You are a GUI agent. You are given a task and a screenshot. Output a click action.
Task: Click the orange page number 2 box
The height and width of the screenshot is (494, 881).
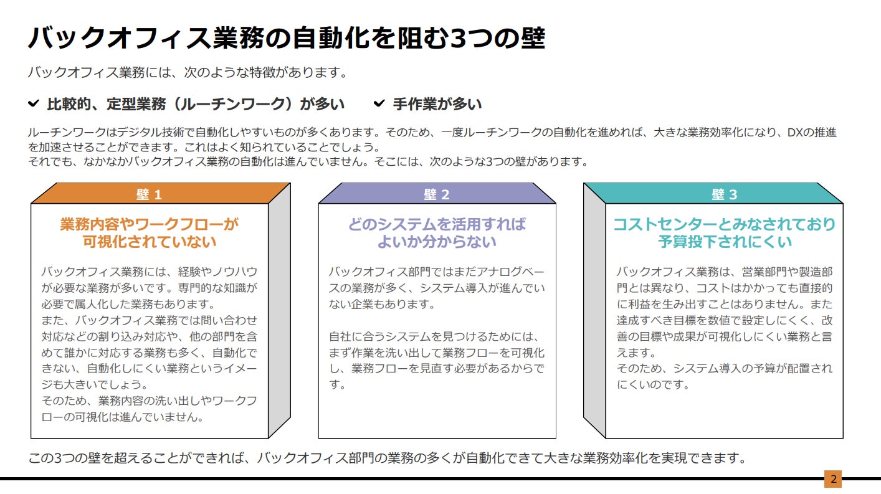pos(832,479)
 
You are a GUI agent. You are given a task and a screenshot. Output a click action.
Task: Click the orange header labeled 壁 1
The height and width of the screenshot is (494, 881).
pos(150,194)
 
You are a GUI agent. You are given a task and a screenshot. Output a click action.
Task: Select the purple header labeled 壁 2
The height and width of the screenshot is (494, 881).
pos(437,194)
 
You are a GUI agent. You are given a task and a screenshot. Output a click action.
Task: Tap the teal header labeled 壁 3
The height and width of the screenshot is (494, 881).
pos(724,194)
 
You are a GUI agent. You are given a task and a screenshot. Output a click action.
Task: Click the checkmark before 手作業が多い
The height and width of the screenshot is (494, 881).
pos(379,103)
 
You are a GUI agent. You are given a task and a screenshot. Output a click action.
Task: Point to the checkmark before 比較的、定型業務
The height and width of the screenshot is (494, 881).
pos(34,103)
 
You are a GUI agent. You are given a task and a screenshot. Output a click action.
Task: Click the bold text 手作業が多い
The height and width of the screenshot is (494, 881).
pos(437,104)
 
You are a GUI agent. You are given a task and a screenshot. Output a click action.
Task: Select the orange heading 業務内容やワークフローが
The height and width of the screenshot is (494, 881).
pos(150,224)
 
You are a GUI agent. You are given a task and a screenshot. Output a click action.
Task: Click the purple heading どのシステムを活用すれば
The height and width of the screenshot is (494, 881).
pos(437,224)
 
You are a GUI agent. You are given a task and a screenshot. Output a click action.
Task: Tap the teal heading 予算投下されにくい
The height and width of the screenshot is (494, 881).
pos(725,242)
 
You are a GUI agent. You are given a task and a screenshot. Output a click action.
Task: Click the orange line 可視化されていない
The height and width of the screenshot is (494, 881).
pos(150,242)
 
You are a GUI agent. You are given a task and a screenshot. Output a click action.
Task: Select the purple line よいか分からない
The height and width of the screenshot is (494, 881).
pos(437,242)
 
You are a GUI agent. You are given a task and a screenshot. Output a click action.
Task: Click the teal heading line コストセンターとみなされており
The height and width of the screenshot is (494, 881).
pos(725,224)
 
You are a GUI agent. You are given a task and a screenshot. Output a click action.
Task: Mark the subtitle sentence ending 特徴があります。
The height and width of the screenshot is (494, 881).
pos(187,72)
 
